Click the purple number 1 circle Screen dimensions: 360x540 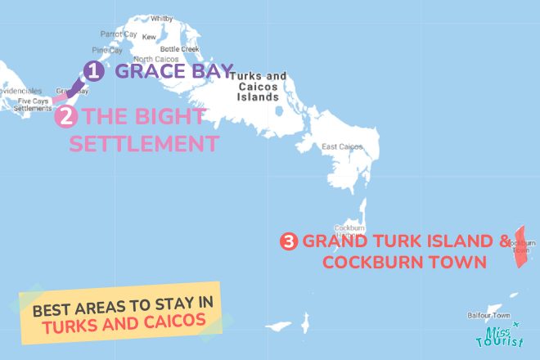point(94,72)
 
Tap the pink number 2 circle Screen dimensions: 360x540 point(66,116)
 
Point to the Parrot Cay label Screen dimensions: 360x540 point(119,34)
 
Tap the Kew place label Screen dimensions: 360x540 point(149,38)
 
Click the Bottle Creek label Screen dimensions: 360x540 point(179,49)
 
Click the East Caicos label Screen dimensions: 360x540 point(341,147)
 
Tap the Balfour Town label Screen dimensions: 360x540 point(488,315)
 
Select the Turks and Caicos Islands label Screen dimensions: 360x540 point(259,86)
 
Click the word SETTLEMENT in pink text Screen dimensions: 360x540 point(144,144)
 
